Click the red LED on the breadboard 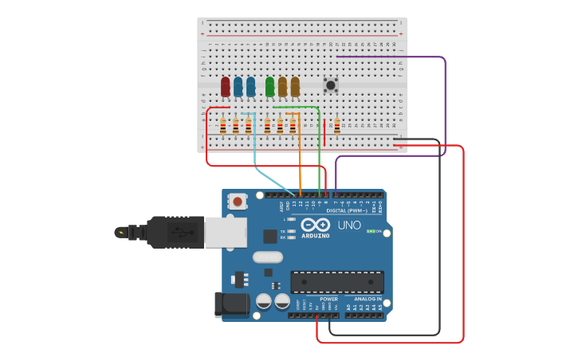(x=226, y=85)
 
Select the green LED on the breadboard (x=269, y=85)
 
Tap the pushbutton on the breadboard (x=330, y=84)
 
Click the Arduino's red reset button (x=238, y=202)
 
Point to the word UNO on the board (x=349, y=226)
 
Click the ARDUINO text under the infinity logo (x=316, y=236)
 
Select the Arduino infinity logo (x=316, y=225)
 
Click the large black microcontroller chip (x=336, y=282)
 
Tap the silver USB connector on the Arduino (x=225, y=232)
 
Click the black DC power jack (x=230, y=304)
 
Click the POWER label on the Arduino (x=328, y=299)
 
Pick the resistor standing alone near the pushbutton (x=336, y=126)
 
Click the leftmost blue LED (x=238, y=85)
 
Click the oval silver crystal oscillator (x=268, y=257)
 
